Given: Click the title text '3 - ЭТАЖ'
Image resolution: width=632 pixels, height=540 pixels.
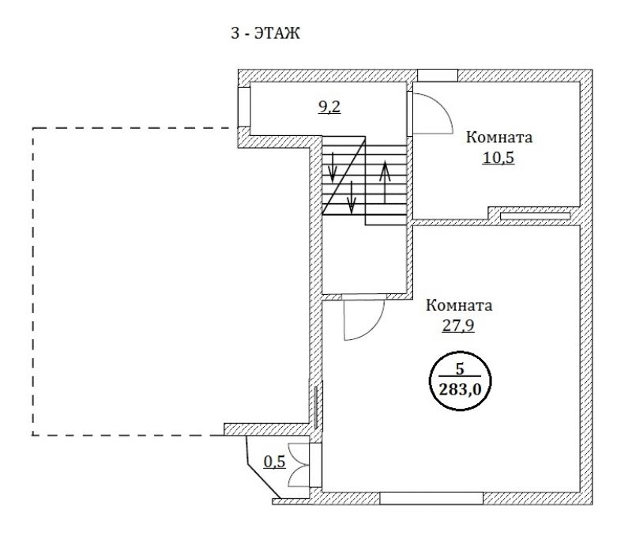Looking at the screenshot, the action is (x=265, y=33).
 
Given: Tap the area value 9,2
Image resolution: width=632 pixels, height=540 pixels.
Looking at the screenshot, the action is (x=329, y=107).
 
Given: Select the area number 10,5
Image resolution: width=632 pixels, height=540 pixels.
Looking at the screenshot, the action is (x=498, y=157).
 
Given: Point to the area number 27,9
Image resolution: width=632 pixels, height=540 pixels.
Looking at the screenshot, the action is (x=458, y=326).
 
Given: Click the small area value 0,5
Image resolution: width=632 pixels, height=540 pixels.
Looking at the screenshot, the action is (x=274, y=462).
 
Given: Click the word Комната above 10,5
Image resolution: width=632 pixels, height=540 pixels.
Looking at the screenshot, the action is (x=499, y=138).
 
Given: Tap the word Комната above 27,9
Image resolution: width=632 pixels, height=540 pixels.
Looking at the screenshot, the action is (x=459, y=305).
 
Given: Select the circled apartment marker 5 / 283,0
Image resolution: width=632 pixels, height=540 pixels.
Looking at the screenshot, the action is (x=461, y=380).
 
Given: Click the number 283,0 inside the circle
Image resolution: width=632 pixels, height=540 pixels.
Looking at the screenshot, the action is (x=461, y=390).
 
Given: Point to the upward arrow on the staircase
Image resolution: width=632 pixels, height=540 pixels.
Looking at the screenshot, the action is (x=385, y=182).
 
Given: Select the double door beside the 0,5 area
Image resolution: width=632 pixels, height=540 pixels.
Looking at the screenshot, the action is (x=299, y=465).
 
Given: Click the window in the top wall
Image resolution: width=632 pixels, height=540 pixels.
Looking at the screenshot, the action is (x=438, y=75).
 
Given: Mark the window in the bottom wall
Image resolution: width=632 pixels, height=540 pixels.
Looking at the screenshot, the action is (x=431, y=498).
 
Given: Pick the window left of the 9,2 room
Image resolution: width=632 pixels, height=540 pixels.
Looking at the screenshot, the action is (x=244, y=107).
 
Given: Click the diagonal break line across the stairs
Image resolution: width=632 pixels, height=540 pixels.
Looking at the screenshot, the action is (x=344, y=175).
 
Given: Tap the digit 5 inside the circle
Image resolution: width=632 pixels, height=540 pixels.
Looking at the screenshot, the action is (x=460, y=368).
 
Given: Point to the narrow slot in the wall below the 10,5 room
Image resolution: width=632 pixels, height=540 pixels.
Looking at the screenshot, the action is (x=536, y=216).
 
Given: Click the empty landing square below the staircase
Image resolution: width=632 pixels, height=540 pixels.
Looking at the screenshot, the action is (x=364, y=259).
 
